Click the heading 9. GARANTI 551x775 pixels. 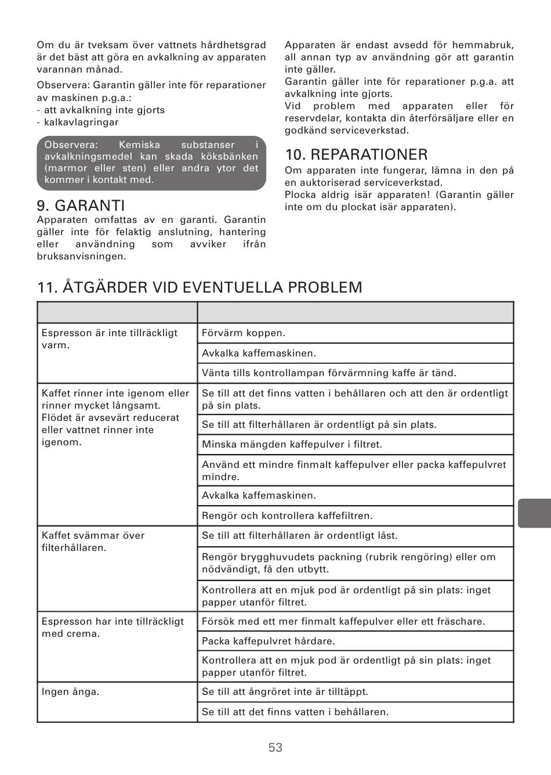81,206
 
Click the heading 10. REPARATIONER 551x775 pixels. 356,154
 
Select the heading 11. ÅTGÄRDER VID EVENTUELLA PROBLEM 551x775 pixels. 200,287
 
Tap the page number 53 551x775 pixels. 275,748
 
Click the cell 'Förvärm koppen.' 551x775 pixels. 244,333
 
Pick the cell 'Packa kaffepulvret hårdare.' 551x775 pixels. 268,641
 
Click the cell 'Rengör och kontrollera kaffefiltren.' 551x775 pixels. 287,516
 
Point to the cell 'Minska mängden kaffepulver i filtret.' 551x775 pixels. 292,445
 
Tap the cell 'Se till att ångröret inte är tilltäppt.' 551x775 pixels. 285,691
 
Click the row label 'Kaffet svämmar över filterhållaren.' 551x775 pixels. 93,541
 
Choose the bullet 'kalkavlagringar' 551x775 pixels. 81,122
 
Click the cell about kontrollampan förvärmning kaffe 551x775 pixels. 329,373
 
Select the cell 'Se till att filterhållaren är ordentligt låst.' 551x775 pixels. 299,536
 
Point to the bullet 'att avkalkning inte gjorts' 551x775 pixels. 104,110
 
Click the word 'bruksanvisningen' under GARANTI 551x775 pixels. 81,256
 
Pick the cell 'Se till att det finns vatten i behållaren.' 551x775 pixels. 295,712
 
